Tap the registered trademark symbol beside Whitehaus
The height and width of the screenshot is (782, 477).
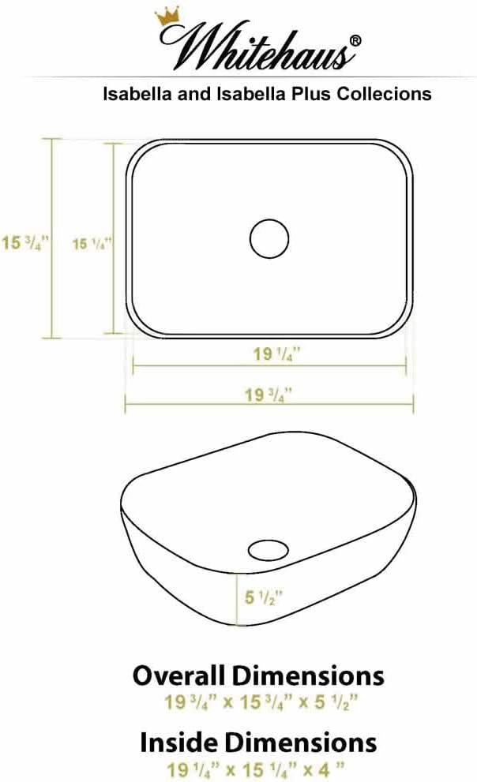point(357,40)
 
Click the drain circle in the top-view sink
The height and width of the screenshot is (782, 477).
point(269,237)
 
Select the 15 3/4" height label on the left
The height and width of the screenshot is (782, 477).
point(25,242)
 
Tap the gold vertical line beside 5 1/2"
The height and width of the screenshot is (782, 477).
point(238,601)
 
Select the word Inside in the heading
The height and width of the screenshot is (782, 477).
point(176,742)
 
